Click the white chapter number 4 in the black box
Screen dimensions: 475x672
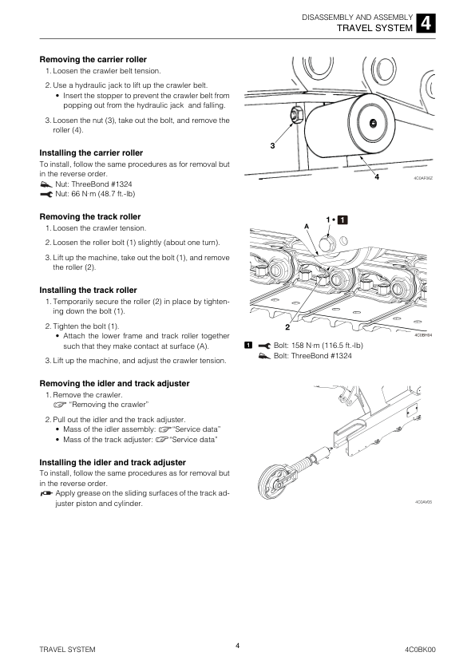[426, 22]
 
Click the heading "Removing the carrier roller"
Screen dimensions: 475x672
[93, 60]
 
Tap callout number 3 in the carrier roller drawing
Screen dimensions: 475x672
[273, 146]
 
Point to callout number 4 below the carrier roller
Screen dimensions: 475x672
[377, 176]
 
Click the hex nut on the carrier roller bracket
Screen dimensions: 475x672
[296, 115]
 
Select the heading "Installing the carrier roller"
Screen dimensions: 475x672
[91, 153]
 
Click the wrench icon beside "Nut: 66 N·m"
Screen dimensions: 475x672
[46, 194]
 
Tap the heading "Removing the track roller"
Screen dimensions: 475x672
[90, 217]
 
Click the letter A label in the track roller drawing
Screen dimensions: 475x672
[307, 227]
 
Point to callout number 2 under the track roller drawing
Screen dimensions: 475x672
[287, 327]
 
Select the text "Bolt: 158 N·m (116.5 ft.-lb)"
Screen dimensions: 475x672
[318, 346]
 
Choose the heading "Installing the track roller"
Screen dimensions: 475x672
[89, 291]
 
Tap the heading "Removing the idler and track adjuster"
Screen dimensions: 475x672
[114, 384]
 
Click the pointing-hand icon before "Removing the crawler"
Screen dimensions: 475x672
[60, 405]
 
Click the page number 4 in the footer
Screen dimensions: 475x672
[238, 646]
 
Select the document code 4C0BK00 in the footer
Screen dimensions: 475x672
[420, 650]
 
